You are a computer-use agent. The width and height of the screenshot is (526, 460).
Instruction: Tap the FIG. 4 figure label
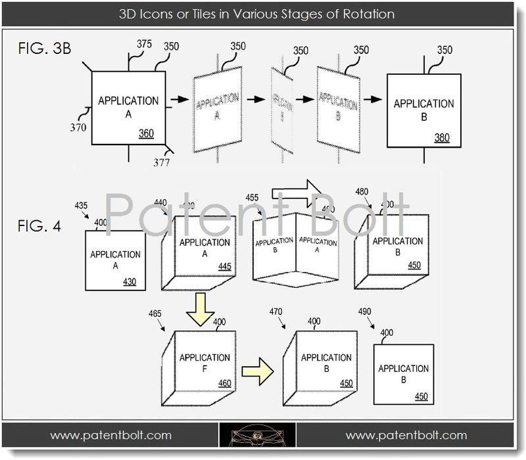[x=39, y=227]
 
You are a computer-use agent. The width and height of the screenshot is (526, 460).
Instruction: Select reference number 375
[x=144, y=44]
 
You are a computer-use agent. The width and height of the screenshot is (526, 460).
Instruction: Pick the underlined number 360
[x=147, y=134]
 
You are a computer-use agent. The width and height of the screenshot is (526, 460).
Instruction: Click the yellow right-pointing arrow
[x=257, y=372]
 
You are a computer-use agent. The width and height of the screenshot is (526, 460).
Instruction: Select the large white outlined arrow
[x=297, y=193]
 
